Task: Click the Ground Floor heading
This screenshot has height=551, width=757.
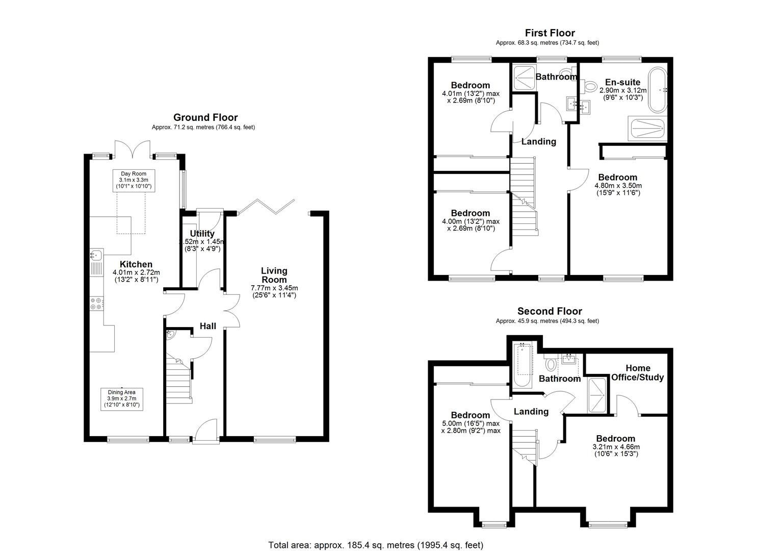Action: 205,117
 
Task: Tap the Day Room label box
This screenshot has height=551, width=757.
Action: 134,181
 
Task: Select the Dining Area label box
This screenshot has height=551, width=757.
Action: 121,398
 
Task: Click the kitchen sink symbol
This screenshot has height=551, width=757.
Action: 96,255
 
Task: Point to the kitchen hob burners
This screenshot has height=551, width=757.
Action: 96,304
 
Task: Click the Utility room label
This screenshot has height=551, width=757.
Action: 202,234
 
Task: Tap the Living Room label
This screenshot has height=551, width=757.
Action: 274,275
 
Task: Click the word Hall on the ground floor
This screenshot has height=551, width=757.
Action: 207,326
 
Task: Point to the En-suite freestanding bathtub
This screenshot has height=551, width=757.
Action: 658,90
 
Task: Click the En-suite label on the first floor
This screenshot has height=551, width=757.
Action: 622,82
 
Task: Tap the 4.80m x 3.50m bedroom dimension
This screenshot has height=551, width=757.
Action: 618,186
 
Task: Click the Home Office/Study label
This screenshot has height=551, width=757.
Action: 638,372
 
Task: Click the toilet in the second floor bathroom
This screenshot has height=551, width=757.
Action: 551,364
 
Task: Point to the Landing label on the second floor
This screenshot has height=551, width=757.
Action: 531,411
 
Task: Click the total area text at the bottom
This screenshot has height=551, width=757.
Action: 376,545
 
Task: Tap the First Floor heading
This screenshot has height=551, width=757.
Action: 550,33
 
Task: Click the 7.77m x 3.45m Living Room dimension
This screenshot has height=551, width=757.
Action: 274,288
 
